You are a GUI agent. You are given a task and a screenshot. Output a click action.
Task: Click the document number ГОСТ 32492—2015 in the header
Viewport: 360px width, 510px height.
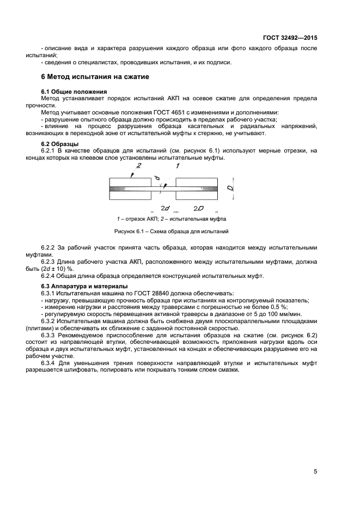[x=291, y=39]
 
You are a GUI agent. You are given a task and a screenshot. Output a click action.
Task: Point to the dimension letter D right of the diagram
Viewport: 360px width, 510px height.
[x=231, y=189]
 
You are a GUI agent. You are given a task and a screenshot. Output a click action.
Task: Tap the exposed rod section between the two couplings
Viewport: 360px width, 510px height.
[x=164, y=189]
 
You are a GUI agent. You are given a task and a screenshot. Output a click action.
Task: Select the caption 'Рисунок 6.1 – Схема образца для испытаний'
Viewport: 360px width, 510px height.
[x=171, y=232]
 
